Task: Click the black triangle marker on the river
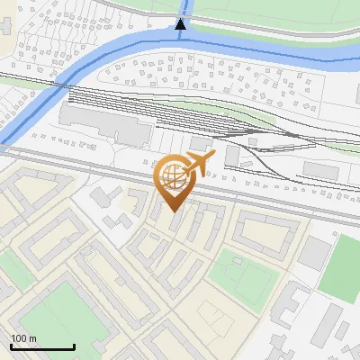pos(181,24)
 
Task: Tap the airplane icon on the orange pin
pos(196,163)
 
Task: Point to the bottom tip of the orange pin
pos(173,211)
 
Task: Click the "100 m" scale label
pos(23,338)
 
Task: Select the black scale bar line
pos(42,346)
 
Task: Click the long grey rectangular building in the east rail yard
pos(320,170)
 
